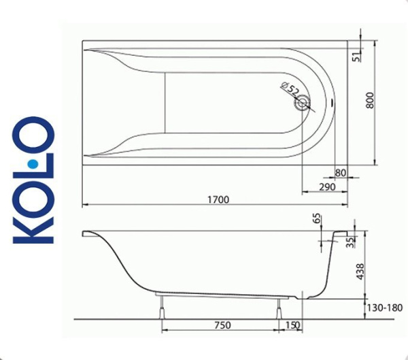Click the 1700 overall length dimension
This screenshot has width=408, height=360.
click(x=218, y=199)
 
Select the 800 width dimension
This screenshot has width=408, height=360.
click(x=370, y=102)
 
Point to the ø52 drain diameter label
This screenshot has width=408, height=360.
click(x=290, y=90)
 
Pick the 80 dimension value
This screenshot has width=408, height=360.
click(x=341, y=173)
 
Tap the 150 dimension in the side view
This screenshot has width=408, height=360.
click(x=292, y=325)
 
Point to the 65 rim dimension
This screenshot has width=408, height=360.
click(x=316, y=218)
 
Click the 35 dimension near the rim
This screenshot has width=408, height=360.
click(x=351, y=243)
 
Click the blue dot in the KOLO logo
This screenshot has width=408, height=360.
click(x=33, y=164)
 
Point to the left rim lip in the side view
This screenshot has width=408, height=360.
click(x=88, y=234)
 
